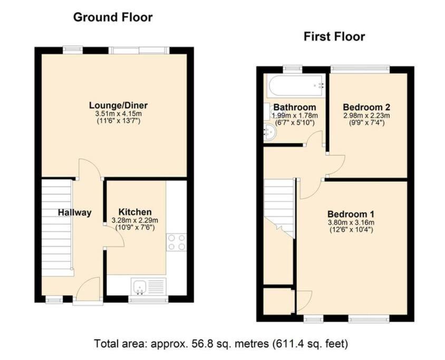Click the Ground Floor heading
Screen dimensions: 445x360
[x=113, y=17]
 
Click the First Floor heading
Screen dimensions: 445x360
[x=334, y=36]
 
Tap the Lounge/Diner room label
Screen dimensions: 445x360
[x=118, y=105]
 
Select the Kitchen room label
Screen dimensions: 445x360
[x=135, y=212]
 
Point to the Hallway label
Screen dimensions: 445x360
[x=75, y=212]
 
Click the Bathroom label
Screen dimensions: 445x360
[x=295, y=107]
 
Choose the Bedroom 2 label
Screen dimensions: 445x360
[x=366, y=107]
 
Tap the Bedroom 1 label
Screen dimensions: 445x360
[x=351, y=214]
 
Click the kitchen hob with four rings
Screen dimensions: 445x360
[x=176, y=242]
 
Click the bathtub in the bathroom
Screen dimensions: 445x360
[x=296, y=85]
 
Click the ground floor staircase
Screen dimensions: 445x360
[x=56, y=228]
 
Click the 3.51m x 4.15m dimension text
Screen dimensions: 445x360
[x=118, y=114]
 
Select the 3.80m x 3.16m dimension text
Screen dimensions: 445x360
[x=351, y=222]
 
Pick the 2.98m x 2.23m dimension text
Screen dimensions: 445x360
[x=366, y=116]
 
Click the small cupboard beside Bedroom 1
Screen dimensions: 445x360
[x=278, y=301]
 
